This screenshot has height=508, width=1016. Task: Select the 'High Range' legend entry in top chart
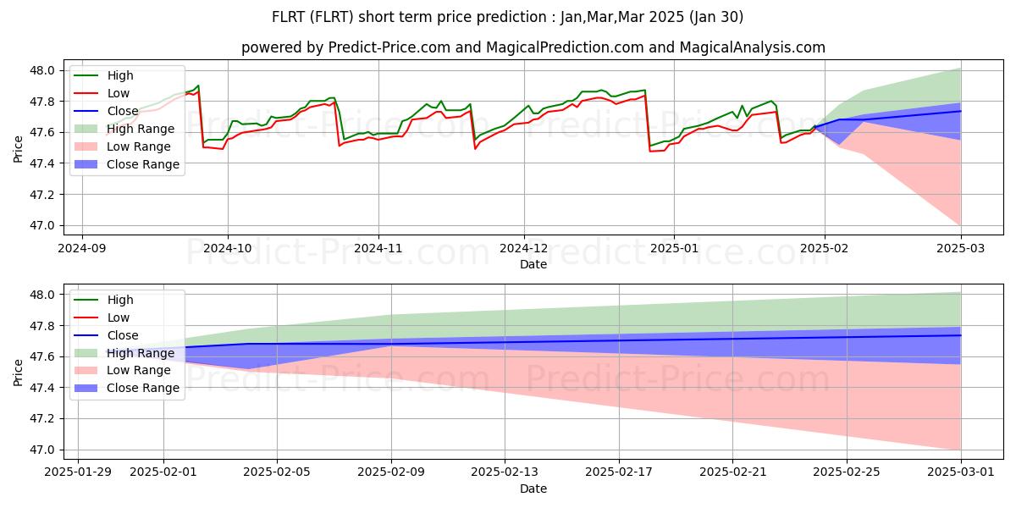click(141, 129)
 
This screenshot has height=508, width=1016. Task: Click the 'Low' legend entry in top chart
click(119, 93)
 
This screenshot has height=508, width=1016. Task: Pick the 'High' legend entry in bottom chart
click(120, 300)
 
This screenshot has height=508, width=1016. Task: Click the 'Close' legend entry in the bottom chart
click(124, 335)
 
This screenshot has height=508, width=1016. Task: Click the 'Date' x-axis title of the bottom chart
click(533, 489)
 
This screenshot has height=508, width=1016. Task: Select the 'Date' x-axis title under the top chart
click(533, 264)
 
